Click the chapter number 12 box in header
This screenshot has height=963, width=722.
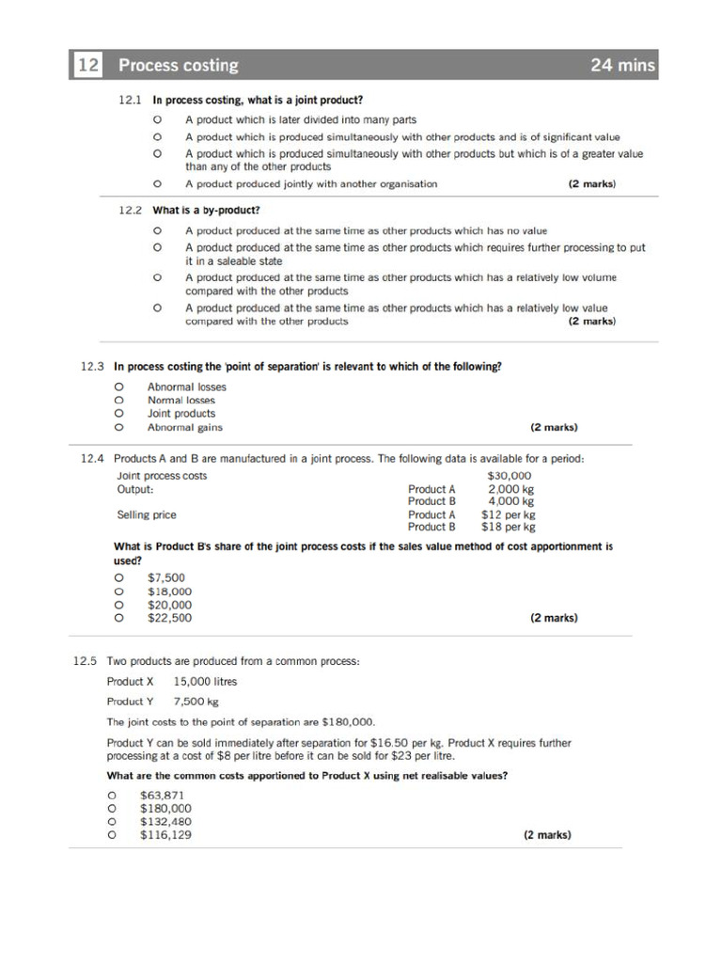pos(89,65)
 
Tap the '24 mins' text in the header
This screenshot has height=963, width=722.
pos(621,65)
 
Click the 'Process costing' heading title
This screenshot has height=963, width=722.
pos(178,65)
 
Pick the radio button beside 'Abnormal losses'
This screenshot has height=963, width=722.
pos(118,387)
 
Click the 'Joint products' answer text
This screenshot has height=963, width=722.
pos(180,413)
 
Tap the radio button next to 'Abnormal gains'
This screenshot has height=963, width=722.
pos(118,427)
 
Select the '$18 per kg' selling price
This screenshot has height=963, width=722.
pos(508,527)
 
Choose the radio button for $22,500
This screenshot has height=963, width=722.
pos(118,618)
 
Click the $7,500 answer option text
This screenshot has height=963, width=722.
pos(166,577)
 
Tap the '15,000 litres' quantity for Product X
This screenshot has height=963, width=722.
pos(205,682)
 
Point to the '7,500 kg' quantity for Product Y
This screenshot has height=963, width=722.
pos(196,702)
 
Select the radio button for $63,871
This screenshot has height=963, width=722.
pos(112,795)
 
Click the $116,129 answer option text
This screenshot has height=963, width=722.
pos(165,834)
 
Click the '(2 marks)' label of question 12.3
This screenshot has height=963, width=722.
pos(554,427)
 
